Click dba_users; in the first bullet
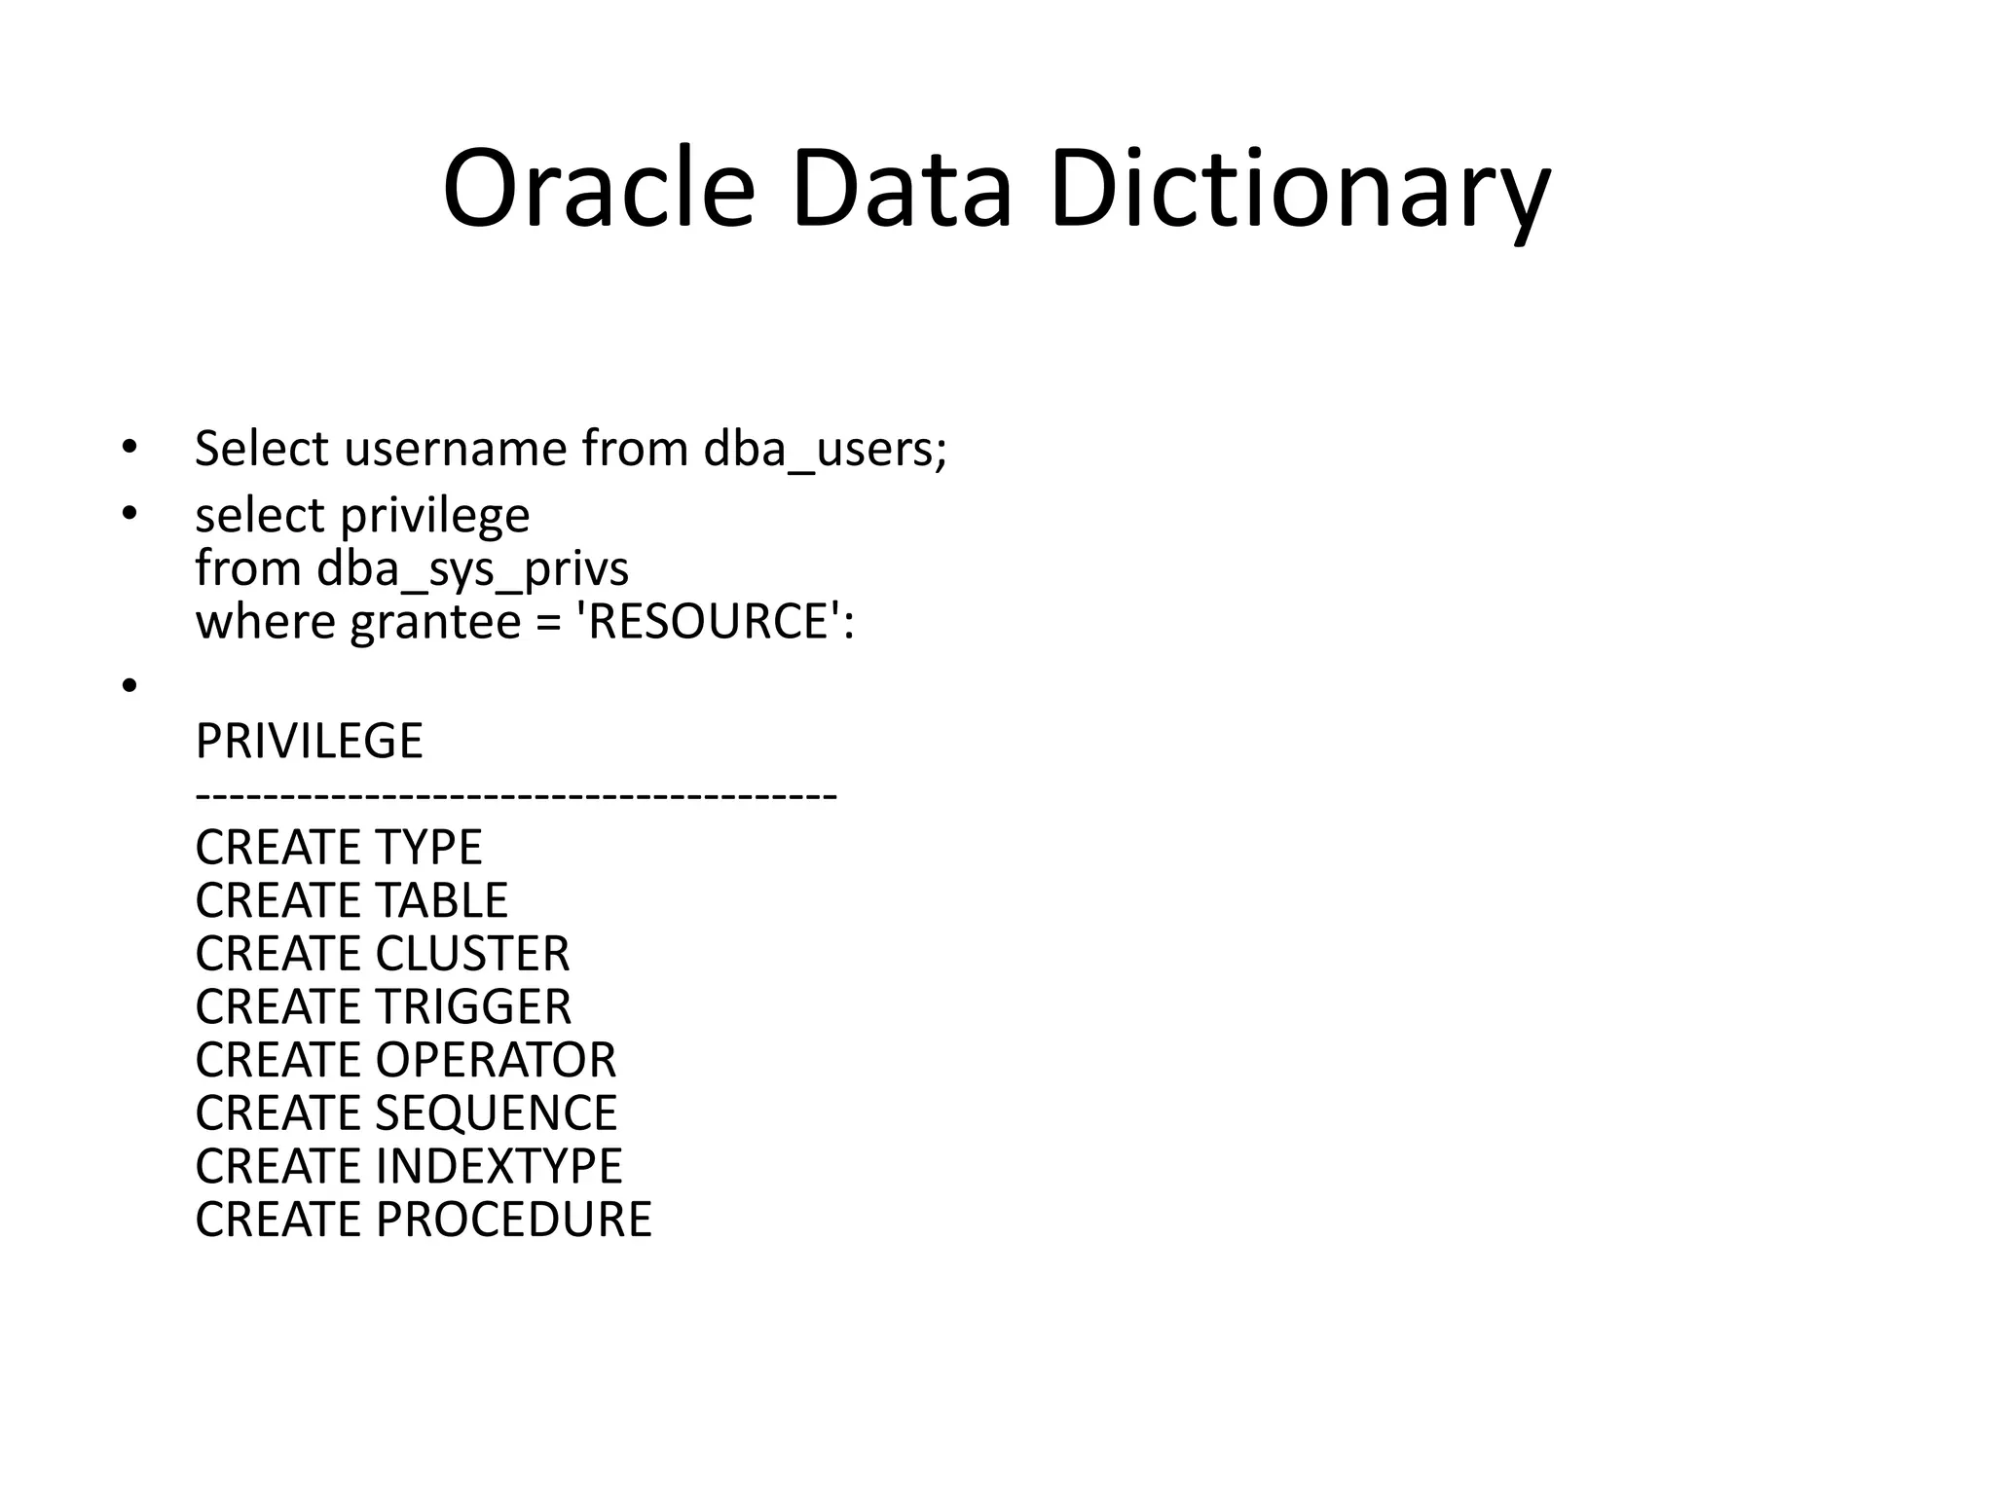pyautogui.click(x=825, y=450)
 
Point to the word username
pyautogui.click(x=455, y=450)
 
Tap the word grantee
pyautogui.click(x=435, y=622)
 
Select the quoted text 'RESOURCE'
pyautogui.click(x=709, y=622)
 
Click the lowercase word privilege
pyautogui.click(x=434, y=516)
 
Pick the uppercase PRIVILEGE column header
pyautogui.click(x=309, y=742)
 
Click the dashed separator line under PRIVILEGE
pyautogui.click(x=515, y=796)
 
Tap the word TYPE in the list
pyautogui.click(x=428, y=848)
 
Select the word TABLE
pyautogui.click(x=441, y=901)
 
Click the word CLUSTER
pyautogui.click(x=472, y=954)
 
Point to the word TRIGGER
pyautogui.click(x=473, y=1007)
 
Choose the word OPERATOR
pyautogui.click(x=496, y=1060)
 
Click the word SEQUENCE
pyautogui.click(x=496, y=1113)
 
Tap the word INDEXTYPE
pyautogui.click(x=498, y=1166)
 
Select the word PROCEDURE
pyautogui.click(x=513, y=1220)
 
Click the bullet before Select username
pyautogui.click(x=129, y=449)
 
